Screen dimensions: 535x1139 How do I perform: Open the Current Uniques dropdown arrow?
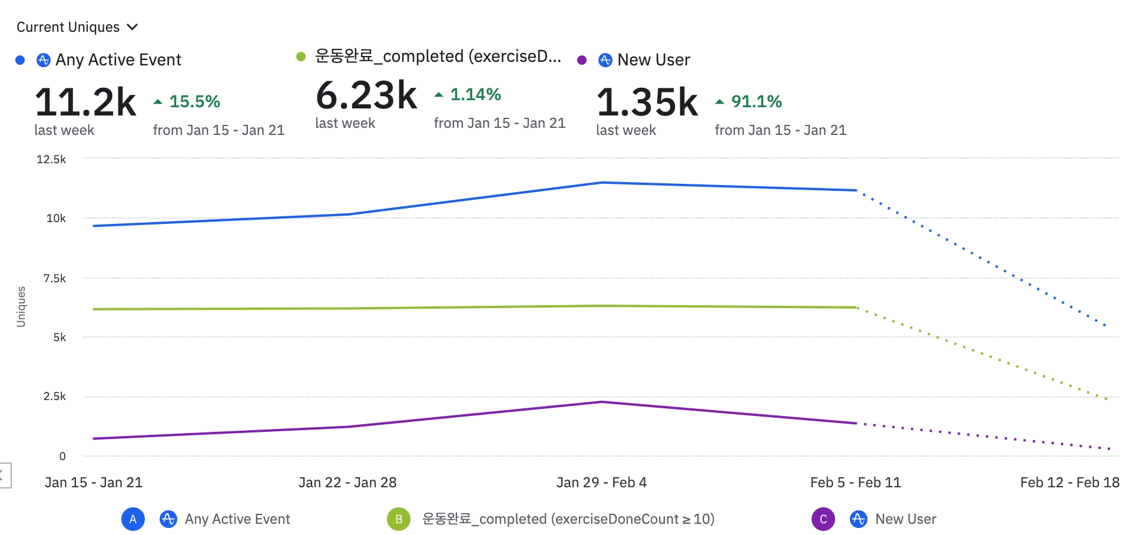(133, 27)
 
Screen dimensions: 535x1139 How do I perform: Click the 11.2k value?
(85, 103)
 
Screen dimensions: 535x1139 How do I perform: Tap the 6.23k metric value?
(366, 95)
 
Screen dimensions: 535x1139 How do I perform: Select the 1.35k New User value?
(647, 103)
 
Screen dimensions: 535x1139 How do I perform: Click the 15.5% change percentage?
(194, 102)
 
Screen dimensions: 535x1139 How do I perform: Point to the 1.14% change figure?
(475, 95)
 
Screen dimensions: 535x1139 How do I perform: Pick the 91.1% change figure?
(756, 102)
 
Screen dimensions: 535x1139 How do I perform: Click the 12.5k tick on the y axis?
(51, 159)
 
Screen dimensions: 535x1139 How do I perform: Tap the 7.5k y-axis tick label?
(54, 278)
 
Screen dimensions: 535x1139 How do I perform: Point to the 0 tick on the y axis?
(62, 456)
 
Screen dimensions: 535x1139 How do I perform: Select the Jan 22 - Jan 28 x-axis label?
(347, 483)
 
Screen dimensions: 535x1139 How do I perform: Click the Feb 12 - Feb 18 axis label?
(1070, 483)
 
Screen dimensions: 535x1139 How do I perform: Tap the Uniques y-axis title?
(21, 306)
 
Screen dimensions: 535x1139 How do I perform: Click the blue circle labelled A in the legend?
(133, 519)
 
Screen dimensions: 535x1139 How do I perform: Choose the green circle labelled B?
(399, 519)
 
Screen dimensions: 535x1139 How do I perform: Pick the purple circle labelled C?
(823, 519)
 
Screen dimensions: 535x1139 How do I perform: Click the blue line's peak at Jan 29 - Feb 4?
(602, 183)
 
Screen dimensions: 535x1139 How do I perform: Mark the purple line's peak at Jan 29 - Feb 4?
(602, 402)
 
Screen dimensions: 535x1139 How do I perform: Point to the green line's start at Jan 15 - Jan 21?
(94, 309)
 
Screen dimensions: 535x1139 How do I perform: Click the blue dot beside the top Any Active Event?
(20, 60)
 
